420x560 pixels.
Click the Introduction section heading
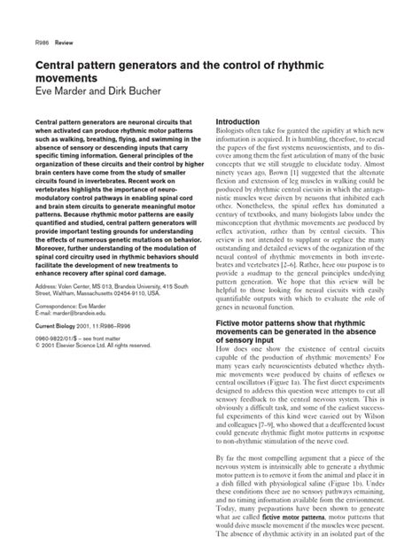click(x=244, y=121)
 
